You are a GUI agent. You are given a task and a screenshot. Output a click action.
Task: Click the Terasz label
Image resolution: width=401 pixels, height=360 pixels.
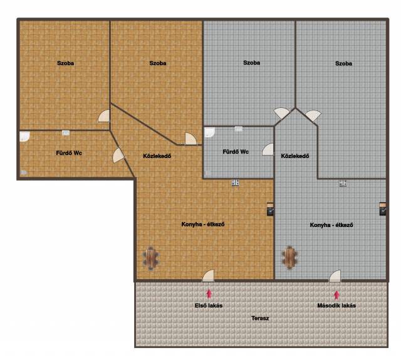(x=260, y=318)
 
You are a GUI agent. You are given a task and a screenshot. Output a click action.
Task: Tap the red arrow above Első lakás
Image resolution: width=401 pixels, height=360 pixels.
(x=209, y=294)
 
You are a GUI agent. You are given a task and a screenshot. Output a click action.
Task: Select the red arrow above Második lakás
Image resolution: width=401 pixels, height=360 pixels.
(x=336, y=295)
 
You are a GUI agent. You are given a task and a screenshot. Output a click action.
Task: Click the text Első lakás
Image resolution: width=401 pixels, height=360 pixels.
(x=209, y=305)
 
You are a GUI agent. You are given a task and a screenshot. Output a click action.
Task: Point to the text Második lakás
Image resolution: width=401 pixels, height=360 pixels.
(x=336, y=305)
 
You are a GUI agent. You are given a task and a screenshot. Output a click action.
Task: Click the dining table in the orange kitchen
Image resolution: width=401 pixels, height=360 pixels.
(x=151, y=258)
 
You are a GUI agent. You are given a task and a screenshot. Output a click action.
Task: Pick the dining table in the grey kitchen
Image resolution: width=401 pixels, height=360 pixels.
(x=289, y=258)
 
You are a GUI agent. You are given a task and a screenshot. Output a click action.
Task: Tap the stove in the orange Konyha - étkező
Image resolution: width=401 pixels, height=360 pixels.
(x=270, y=209)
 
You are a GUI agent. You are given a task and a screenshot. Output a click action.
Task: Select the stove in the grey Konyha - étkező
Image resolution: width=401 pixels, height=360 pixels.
(x=383, y=209)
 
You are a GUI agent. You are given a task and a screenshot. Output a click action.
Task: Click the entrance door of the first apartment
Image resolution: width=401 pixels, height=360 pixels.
(x=209, y=277)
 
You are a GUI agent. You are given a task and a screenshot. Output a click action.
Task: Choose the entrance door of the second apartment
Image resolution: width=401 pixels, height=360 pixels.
(x=335, y=277)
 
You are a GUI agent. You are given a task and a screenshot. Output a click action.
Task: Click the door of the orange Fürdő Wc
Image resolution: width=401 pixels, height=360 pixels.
(x=118, y=156)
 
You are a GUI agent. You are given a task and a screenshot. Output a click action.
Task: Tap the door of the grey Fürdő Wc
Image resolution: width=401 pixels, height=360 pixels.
(x=268, y=149)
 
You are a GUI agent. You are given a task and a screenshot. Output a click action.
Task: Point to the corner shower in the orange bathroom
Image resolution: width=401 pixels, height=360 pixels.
(x=25, y=137)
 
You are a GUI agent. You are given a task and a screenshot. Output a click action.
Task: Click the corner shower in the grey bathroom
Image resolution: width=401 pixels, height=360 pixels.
(x=209, y=132)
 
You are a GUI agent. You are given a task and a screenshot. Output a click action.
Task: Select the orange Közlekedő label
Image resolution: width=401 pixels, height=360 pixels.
(x=157, y=156)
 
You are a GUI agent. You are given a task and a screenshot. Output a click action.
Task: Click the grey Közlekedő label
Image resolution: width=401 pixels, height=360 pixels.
(x=295, y=156)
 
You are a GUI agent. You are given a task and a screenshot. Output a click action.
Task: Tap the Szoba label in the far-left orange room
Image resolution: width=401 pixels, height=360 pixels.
(x=65, y=63)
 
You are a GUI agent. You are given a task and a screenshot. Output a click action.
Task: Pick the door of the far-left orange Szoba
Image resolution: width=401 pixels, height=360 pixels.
(x=104, y=116)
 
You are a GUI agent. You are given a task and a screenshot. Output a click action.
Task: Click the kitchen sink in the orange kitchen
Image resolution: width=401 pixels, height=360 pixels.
(x=236, y=183)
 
